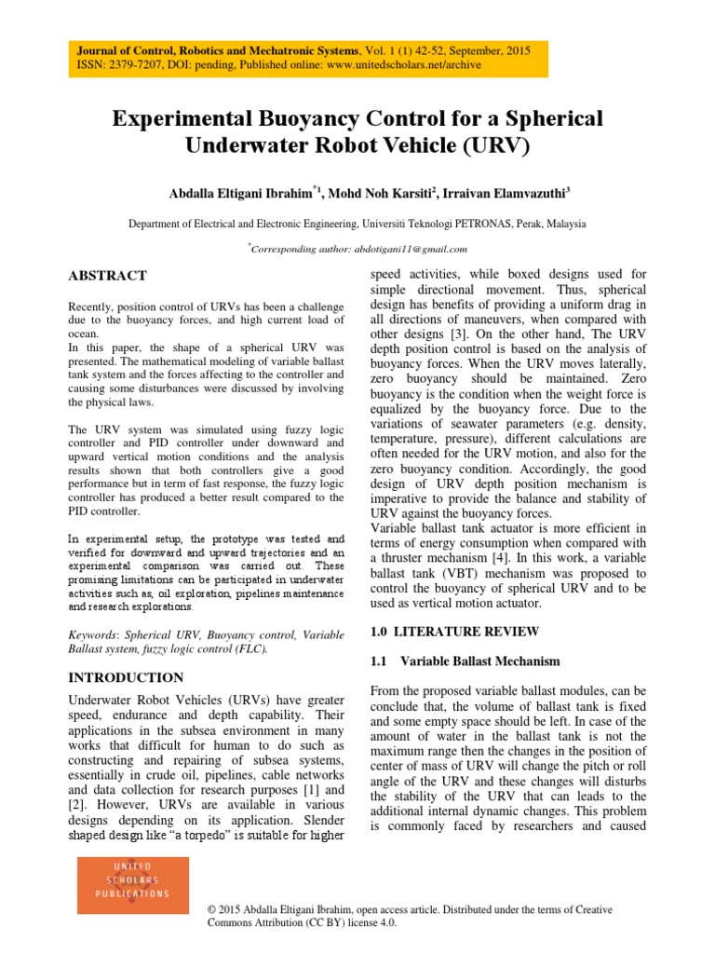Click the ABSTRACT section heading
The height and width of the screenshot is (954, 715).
[109, 276]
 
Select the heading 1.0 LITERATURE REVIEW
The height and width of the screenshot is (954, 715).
[454, 632]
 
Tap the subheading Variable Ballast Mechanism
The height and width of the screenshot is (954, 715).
[480, 661]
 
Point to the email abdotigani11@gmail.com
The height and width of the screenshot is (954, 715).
[410, 249]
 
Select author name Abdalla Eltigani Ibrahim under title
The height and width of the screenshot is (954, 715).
[240, 193]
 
